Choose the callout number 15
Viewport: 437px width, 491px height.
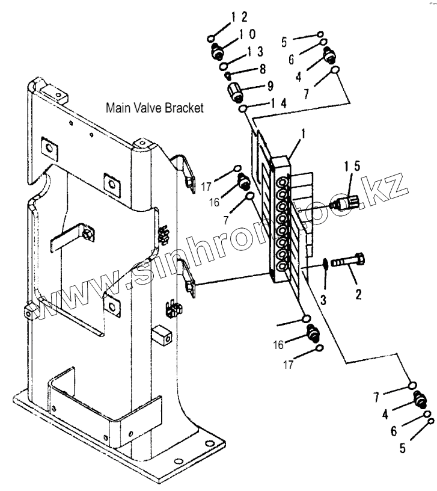coord(352,166)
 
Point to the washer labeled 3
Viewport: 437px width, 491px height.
coord(324,264)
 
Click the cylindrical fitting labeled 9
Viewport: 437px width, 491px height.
coord(235,93)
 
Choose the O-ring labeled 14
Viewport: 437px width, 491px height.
coord(243,109)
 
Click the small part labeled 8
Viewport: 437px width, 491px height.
coord(228,76)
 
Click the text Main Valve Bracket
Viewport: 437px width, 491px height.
coord(154,108)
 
